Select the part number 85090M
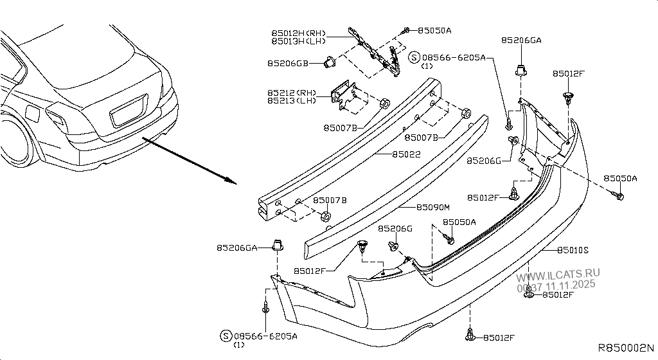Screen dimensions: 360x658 [433, 207]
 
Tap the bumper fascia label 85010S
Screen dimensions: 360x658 [573, 249]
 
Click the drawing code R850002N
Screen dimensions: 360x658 [626, 348]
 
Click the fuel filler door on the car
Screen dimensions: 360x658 [31, 113]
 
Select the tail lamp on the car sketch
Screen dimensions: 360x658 [56, 117]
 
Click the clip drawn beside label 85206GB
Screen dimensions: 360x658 [330, 62]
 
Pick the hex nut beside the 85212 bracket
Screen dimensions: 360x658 [384, 103]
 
